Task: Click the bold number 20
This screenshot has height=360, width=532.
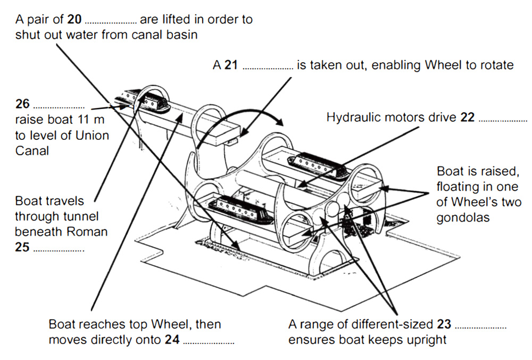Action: click(x=75, y=20)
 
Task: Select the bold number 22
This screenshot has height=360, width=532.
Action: click(x=468, y=118)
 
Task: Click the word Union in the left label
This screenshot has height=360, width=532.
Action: click(x=91, y=135)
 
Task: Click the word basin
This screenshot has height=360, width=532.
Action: click(x=185, y=35)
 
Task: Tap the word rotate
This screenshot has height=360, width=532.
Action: click(x=497, y=65)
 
